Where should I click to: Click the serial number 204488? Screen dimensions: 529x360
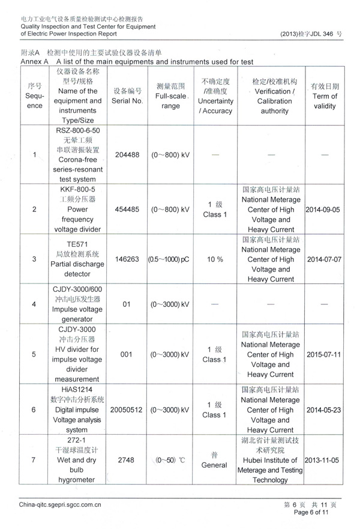coord(127,155)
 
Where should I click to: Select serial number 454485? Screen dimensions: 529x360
coord(127,210)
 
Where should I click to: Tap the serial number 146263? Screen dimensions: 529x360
coord(127,259)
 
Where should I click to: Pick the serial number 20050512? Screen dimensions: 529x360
coord(127,410)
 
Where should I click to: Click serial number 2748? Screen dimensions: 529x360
coord(127,460)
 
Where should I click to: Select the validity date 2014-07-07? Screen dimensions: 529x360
coord(324,259)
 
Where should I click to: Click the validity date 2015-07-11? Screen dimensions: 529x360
coord(324,354)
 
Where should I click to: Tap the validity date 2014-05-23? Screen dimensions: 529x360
coord(324,410)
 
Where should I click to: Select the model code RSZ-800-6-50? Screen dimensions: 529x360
coord(78,130)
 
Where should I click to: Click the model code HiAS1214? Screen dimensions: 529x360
coord(78,389)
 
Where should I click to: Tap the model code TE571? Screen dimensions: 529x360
coord(78,244)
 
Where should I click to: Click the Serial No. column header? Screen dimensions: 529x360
coord(127,96)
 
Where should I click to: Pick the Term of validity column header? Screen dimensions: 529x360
coord(325,96)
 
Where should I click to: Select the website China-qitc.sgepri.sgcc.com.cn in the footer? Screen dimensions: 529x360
coord(61,505)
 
